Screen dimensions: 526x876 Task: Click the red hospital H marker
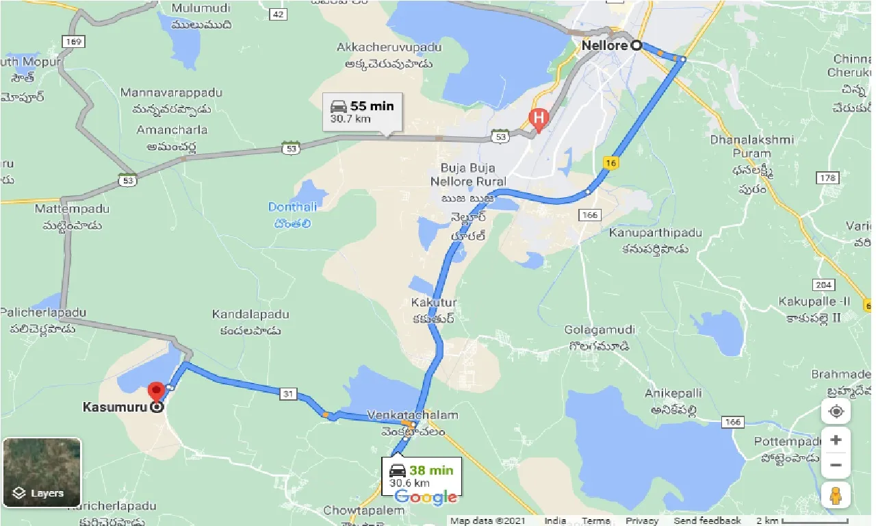(x=539, y=118)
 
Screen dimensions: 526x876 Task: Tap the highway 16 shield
(x=611, y=162)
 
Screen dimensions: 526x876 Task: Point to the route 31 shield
(x=288, y=393)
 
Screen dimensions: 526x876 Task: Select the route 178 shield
(x=827, y=178)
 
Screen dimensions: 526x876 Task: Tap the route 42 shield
(x=278, y=14)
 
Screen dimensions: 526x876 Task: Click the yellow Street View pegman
(x=836, y=494)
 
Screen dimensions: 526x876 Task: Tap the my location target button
(x=836, y=412)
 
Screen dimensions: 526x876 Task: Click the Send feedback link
(x=707, y=521)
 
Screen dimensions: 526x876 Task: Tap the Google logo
(x=426, y=498)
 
